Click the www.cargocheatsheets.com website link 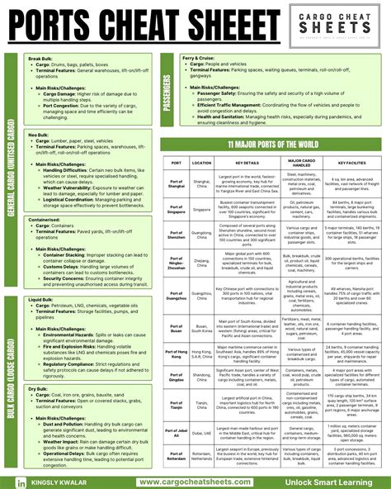coord(195,481)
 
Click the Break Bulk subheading coord(40,59)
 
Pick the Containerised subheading coord(45,221)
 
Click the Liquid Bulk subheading coord(41,300)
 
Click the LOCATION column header coord(202,162)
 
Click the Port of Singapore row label coord(176,210)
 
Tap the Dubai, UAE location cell coord(202,432)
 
